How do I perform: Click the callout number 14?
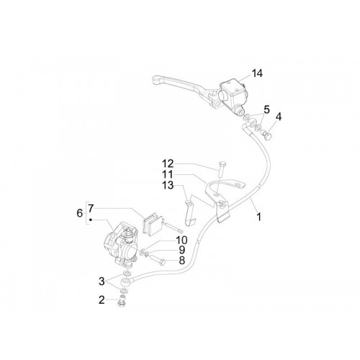(257, 73)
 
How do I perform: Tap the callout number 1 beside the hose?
(258, 217)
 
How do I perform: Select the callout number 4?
(279, 117)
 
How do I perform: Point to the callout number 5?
(266, 109)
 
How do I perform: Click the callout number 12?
(168, 163)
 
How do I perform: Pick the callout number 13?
(168, 185)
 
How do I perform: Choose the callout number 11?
(168, 174)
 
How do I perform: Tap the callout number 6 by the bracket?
(80, 213)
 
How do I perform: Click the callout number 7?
(90, 208)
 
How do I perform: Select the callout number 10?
(181, 240)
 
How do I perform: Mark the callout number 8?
(182, 261)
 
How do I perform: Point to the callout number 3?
(102, 282)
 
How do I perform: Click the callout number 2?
(102, 300)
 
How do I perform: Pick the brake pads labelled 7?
(153, 223)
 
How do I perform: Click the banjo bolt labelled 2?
(122, 302)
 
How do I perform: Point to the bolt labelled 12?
(221, 171)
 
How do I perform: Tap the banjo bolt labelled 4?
(267, 135)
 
